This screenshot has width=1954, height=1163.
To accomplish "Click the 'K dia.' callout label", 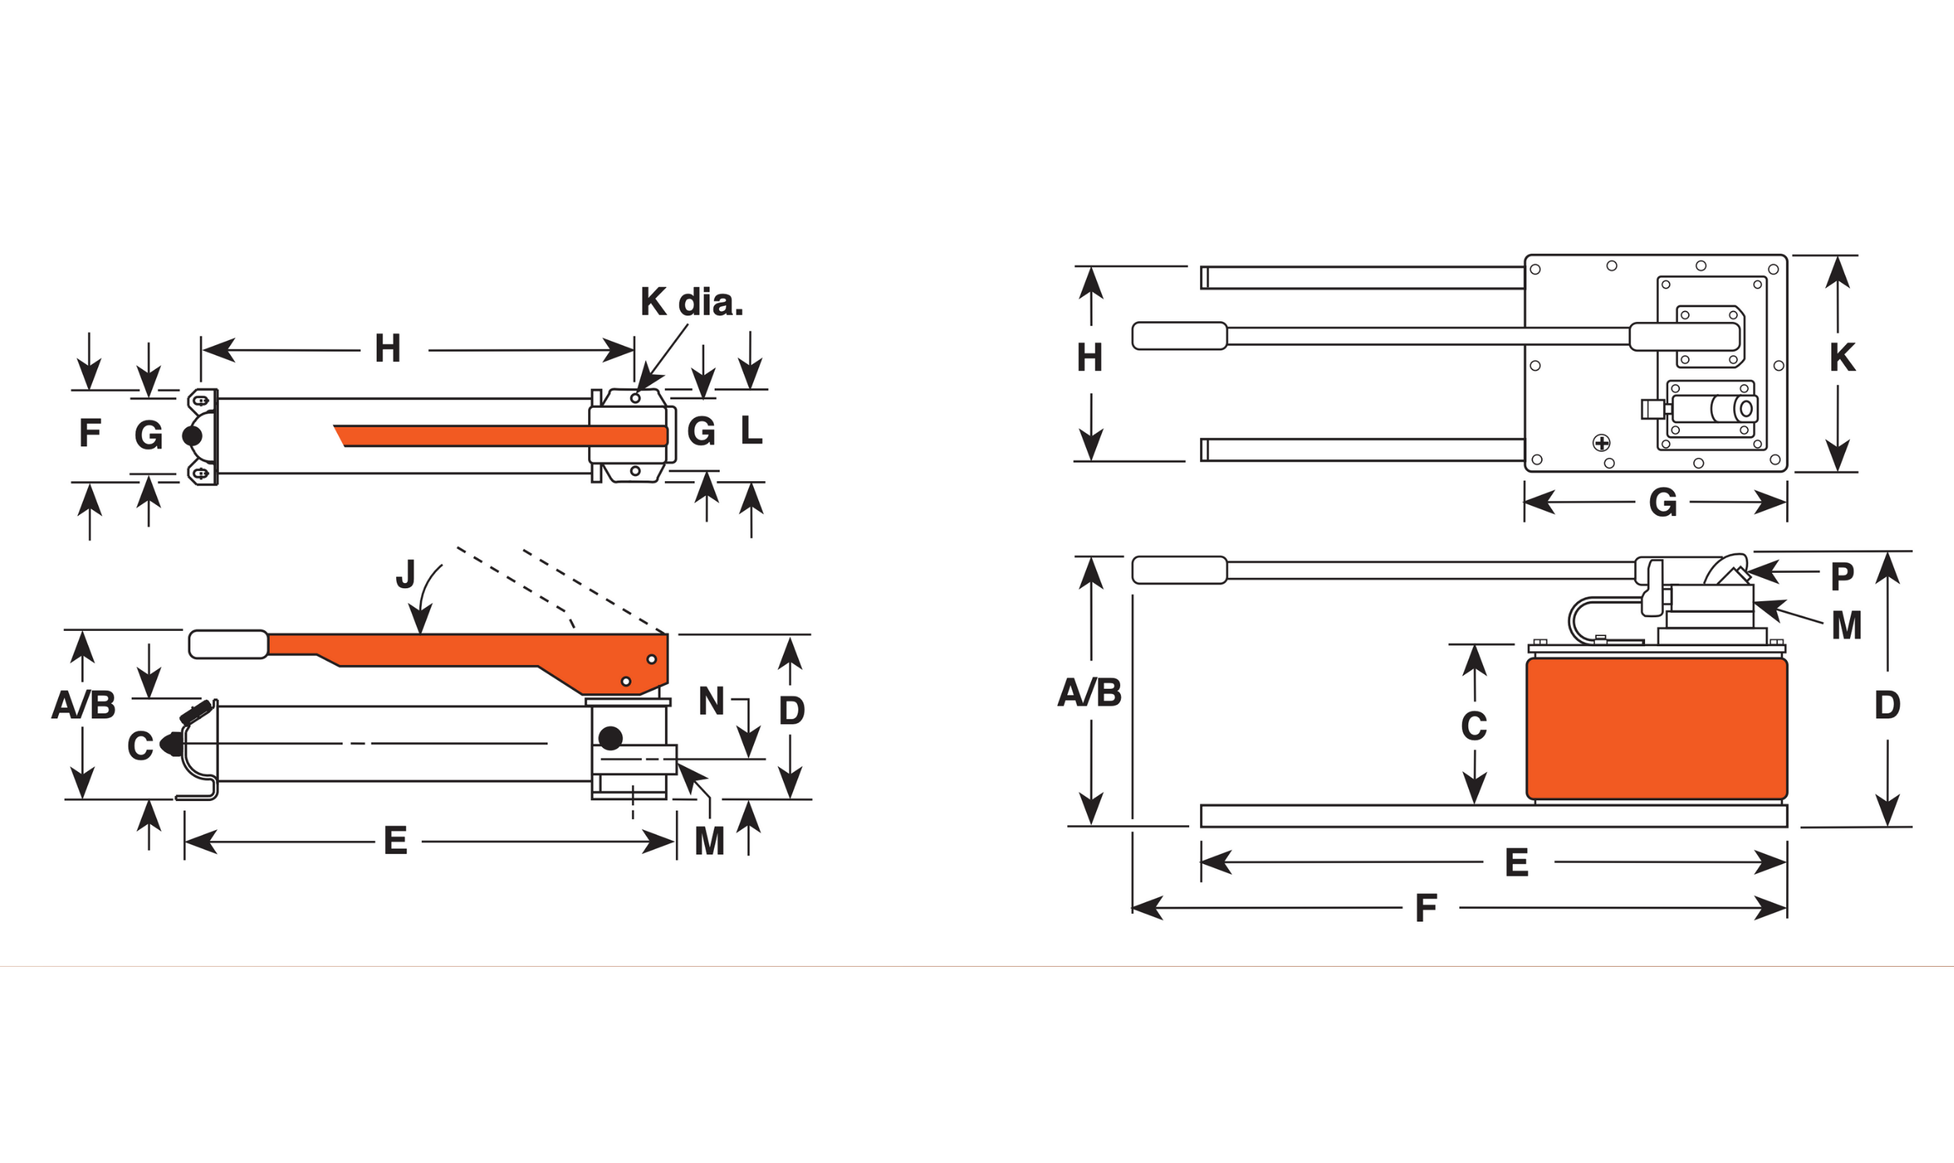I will (x=691, y=302).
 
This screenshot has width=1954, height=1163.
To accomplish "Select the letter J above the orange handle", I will (x=405, y=574).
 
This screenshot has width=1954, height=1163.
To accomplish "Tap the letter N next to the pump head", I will (x=711, y=701).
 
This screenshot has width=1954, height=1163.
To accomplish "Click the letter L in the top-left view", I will (x=751, y=430).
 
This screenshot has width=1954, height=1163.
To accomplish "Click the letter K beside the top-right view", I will (x=1842, y=358).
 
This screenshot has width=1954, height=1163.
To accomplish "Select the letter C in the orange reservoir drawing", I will (x=1473, y=725).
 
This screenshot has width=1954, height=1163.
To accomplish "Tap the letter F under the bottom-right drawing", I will (x=1426, y=909).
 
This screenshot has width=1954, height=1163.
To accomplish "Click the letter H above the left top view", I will (x=387, y=349).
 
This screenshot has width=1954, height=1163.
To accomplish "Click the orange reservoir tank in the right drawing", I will (x=1656, y=729).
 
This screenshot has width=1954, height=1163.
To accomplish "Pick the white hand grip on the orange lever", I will (x=228, y=644).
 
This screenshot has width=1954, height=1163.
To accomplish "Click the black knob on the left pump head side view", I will (x=610, y=738).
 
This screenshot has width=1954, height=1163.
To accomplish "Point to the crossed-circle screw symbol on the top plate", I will (x=1601, y=443).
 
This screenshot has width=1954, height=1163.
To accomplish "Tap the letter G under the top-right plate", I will (x=1662, y=503).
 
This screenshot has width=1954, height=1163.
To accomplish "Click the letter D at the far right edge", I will (x=1886, y=705).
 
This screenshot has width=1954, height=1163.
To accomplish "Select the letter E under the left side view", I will (x=395, y=841).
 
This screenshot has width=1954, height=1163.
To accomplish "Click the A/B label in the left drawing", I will (x=83, y=704).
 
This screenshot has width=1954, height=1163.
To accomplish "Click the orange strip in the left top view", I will (x=502, y=435).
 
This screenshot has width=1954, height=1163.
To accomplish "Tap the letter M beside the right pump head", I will (x=1846, y=625).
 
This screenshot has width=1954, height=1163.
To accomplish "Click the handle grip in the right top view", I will (x=1179, y=335).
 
